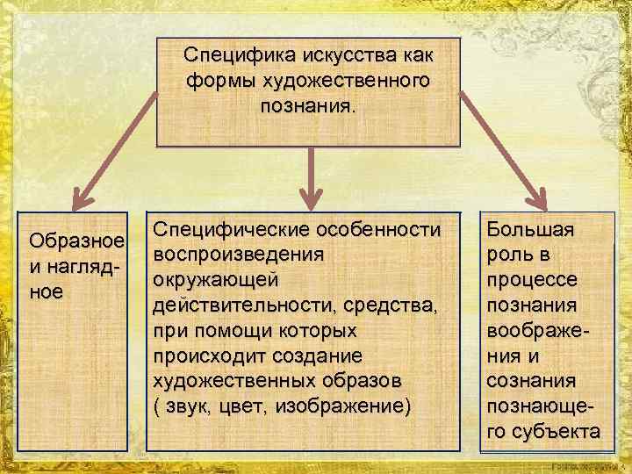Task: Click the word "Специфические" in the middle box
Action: (x=226, y=231)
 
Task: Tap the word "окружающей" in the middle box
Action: (x=216, y=280)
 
